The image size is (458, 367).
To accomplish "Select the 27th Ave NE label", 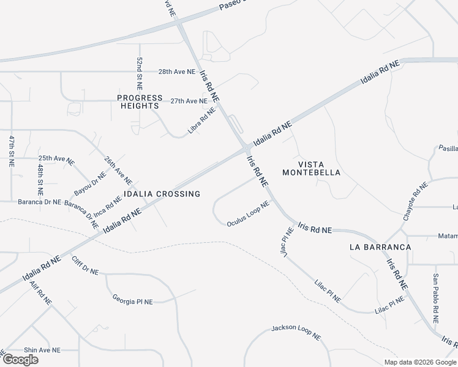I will pos(189,101).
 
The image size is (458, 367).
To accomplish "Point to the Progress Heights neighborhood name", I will pos(140,102).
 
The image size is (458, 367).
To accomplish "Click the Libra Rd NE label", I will pos(202,120).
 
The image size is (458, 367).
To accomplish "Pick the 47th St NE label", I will pos(11,151).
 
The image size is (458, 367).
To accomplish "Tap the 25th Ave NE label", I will pos(56,159).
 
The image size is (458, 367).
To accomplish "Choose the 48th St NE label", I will pos(40,175).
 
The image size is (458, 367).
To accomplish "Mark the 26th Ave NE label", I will pos(118,170).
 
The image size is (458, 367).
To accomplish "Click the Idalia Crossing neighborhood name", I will pos(162,194).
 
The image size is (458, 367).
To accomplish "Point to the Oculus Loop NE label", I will pos(248,214).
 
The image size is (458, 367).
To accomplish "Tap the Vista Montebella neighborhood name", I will pos(311,168).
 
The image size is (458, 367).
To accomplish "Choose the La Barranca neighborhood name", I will pos(380,247).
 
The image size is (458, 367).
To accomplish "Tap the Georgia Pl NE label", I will pos(132,300).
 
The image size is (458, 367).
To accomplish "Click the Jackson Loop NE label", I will pos(296,332).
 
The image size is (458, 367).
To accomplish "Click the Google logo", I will pos(20,360).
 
